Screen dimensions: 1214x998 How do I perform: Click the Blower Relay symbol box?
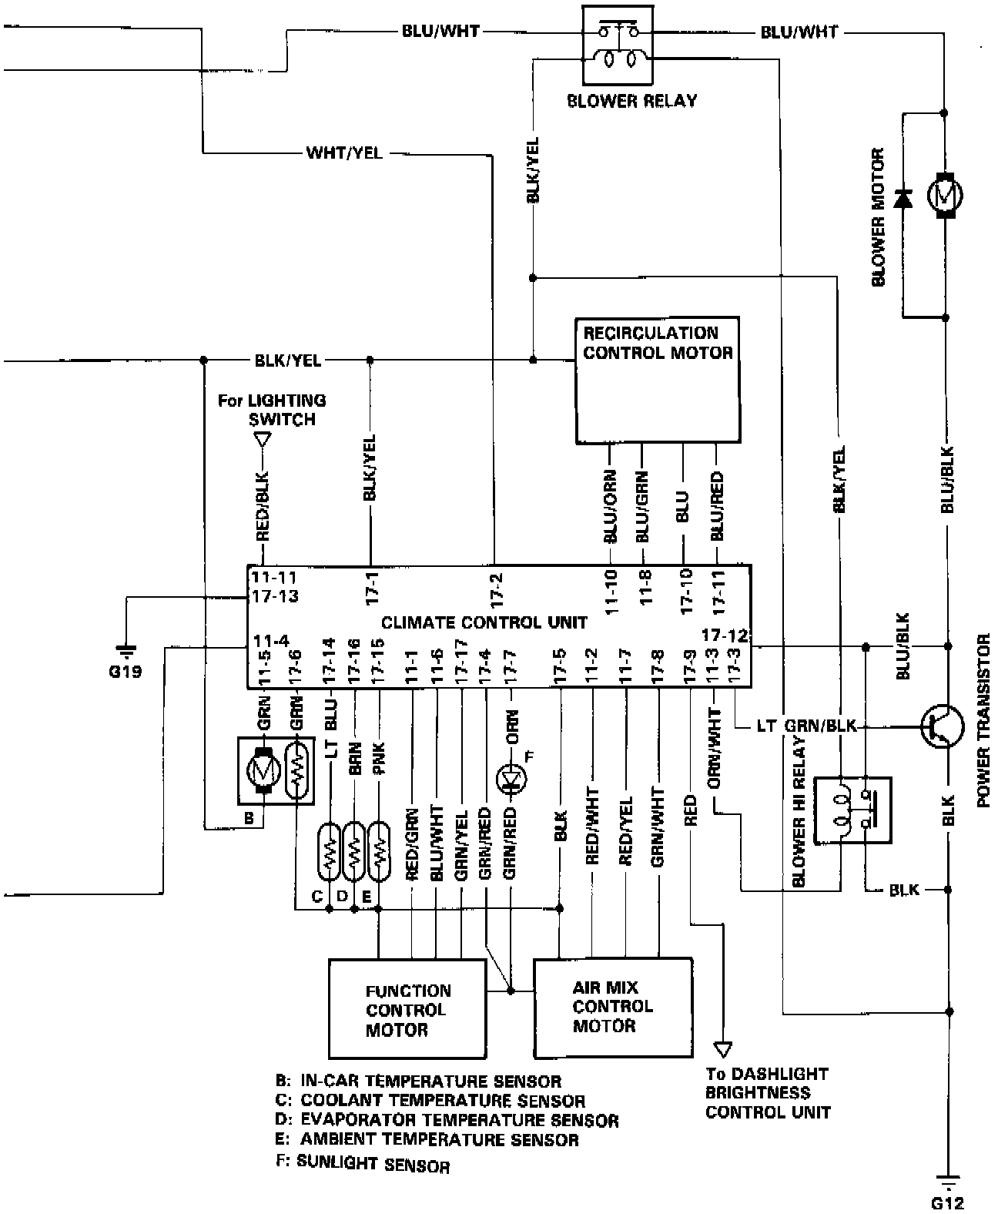coord(618,45)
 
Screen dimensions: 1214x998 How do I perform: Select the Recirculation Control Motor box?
coord(657,380)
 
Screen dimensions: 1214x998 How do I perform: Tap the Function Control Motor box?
coord(407,1008)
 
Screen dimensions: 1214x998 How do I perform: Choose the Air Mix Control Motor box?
coord(612,1008)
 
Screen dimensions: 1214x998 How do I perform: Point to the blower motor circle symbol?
coord(946,194)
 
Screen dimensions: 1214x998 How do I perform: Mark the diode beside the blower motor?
coord(903,199)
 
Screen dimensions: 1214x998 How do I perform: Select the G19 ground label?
coord(125,671)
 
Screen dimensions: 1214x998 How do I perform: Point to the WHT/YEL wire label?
coord(344,153)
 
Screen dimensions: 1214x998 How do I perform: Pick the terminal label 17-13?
coord(274,595)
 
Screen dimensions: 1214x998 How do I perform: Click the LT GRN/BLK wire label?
coord(806,726)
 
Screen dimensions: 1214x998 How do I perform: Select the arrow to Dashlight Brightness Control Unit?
coord(722,1048)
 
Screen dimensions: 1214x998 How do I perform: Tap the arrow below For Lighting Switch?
coord(263,440)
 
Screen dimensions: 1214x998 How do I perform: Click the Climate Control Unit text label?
coord(484,622)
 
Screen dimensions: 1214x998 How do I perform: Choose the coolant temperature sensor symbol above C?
coord(329,851)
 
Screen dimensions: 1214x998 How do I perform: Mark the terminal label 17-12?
coord(725,636)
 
